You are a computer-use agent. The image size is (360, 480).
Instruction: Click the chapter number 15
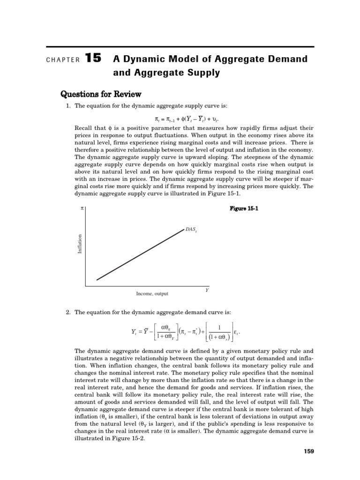(x=93, y=59)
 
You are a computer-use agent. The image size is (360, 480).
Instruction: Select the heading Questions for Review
(x=101, y=94)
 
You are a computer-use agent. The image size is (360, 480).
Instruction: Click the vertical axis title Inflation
(x=80, y=245)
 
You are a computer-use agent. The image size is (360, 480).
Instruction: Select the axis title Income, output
(x=152, y=294)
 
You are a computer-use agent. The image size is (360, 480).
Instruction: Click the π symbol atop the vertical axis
(x=82, y=208)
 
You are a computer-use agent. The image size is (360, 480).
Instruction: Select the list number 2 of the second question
(x=68, y=312)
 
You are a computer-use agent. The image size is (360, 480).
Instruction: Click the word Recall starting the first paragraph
(x=83, y=127)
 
